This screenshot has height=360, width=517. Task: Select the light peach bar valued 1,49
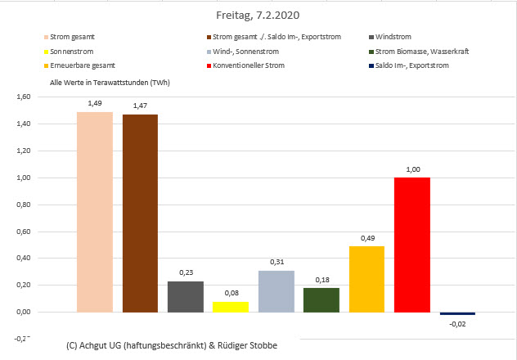95,212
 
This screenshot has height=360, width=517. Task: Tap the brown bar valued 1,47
140,214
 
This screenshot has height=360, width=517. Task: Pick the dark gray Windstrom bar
186,296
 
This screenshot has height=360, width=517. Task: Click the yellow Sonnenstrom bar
231,307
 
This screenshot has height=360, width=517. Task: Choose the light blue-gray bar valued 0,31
276,291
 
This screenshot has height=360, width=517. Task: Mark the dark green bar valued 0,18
321,299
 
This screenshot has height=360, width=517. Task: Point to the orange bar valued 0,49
366,279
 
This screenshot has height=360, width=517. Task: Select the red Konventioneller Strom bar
411,245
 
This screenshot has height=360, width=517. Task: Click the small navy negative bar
457,313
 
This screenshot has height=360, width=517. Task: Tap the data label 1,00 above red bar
411,169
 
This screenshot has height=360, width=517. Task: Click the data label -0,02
457,324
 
